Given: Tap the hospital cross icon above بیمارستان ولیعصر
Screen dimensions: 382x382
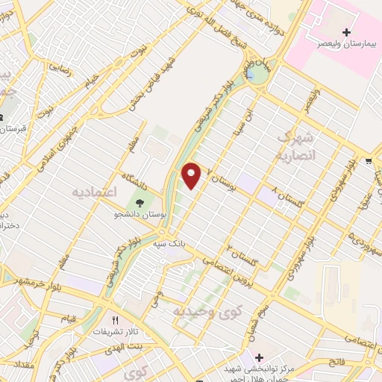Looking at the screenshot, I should [x=346, y=32].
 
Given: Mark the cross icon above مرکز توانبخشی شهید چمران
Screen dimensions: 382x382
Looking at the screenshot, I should [x=259, y=358].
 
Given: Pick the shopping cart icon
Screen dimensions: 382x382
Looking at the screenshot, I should [x=369, y=161].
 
